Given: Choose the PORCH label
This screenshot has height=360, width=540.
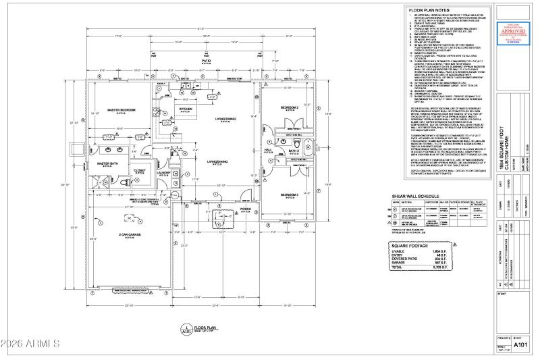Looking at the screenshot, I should click(x=246, y=209).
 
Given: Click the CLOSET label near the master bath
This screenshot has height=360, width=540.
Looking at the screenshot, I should click(x=140, y=170).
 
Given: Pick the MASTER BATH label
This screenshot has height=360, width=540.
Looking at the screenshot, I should click(x=108, y=163).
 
